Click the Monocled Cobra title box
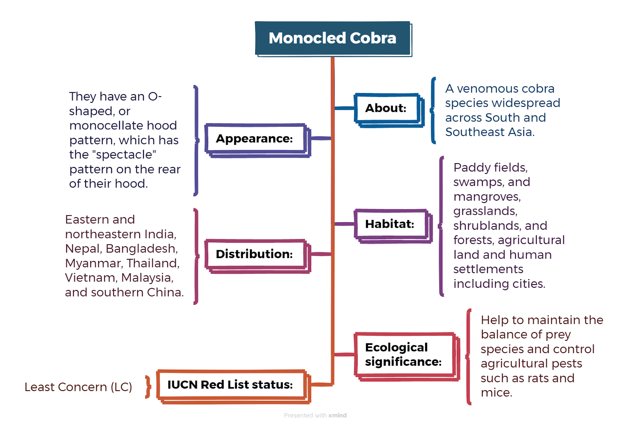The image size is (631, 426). pos(333,39)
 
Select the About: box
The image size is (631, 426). pos(389,110)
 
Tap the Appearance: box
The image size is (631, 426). pos(258,140)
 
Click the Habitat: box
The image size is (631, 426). pos(393,226)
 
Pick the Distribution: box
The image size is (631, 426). pos(258,256)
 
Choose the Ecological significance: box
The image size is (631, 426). pos(407,357)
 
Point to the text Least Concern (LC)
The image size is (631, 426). pos(78,387)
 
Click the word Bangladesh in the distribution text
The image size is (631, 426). pos(142,249)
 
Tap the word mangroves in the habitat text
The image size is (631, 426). pos(487,197)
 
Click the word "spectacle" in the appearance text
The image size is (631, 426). pos(124,154)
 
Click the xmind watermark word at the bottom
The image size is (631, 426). pos(338,415)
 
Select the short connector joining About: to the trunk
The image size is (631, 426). pos(344,108)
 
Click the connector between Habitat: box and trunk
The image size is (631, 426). pos(344,224)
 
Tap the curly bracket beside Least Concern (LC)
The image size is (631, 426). pos(148,387)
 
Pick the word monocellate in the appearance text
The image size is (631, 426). pos(105,126)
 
